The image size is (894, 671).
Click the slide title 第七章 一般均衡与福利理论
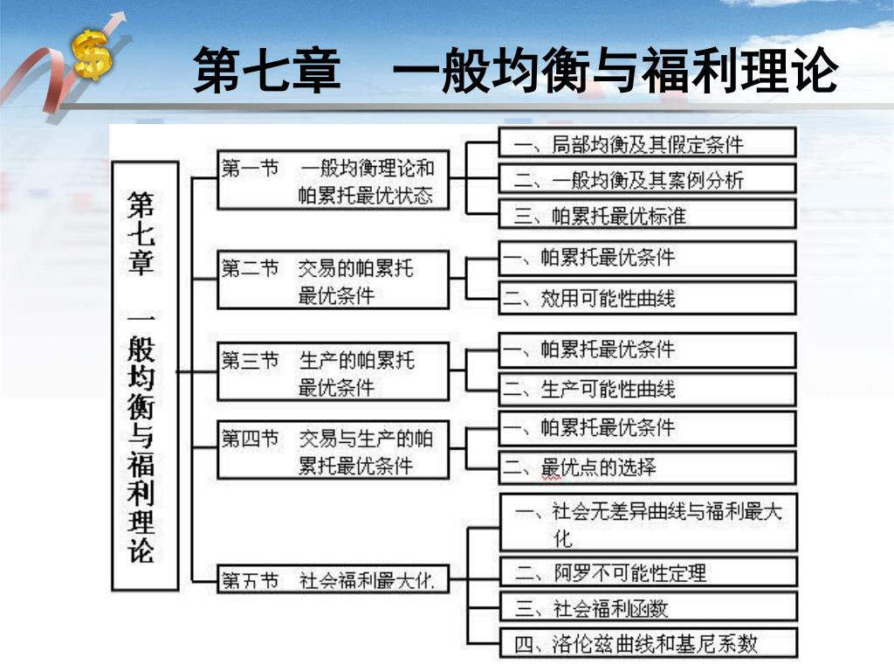pos(515,71)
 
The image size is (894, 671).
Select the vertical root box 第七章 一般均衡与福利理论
pos(144,376)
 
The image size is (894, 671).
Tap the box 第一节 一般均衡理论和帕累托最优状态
pos(333,180)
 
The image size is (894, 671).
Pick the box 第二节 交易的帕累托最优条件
pos(333,280)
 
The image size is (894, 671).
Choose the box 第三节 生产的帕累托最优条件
pos(333,371)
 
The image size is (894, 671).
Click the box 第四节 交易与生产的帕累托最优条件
pos(333,450)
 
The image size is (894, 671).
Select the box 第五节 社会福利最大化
pos(333,579)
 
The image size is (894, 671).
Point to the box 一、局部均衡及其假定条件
pos(647,143)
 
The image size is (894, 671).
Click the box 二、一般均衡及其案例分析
pos(647,179)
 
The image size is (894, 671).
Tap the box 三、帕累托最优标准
pos(647,214)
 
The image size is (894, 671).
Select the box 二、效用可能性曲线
pos(647,298)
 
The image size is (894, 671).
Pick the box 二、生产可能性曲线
pos(647,389)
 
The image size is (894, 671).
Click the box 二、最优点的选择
pos(647,467)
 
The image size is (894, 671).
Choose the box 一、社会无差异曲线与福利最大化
pos(647,522)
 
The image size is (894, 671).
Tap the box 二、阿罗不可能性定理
pos(647,572)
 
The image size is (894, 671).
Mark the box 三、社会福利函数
pos(647,607)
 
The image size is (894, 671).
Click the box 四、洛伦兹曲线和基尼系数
pos(647,644)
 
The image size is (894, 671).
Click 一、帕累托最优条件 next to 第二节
pos(647,258)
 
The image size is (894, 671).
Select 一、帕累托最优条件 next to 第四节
pos(647,428)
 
